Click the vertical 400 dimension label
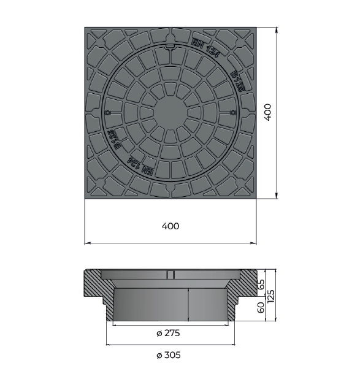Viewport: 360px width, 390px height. click(268, 112)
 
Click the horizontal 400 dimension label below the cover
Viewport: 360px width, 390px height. click(170, 226)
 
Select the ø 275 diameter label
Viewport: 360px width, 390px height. click(168, 333)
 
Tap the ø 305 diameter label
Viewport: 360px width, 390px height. click(169, 355)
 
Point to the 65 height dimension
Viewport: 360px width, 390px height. click(261, 285)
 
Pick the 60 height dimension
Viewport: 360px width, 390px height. click(261, 308)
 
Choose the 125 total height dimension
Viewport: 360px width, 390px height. click(270, 296)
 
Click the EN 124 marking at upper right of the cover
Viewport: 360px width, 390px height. click(205, 48)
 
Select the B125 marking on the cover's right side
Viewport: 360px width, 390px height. click(237, 82)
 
